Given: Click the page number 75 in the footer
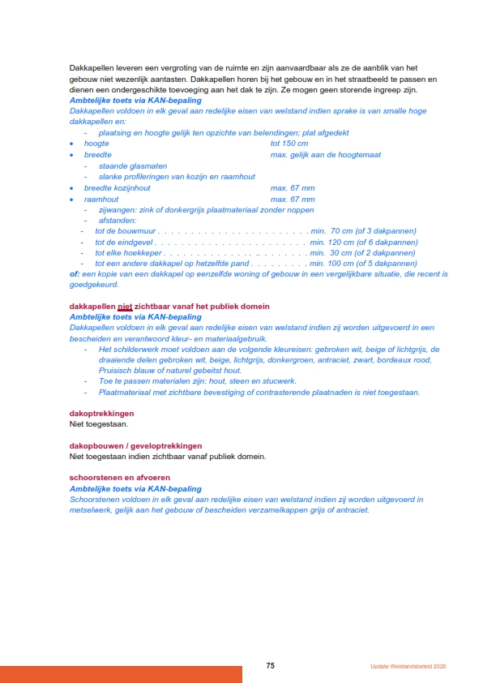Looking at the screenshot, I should [271, 665].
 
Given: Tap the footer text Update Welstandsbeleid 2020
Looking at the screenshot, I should [404, 666].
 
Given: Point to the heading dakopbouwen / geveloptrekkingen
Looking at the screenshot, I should [135, 445].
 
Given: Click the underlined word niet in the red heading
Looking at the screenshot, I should [125, 306].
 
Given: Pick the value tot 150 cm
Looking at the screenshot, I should [289, 143].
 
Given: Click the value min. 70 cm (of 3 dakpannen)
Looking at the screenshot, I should [364, 231].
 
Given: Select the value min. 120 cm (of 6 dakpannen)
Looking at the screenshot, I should [364, 242].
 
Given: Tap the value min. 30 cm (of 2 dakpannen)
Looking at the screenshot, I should [364, 252].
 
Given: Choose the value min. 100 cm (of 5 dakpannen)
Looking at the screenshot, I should [364, 263].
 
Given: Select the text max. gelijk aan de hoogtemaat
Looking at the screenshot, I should [326, 154].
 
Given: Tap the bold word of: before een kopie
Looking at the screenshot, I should [75, 274].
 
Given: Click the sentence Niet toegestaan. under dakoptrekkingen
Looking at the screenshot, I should [99, 423].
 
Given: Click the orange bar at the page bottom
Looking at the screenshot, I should [121, 674].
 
